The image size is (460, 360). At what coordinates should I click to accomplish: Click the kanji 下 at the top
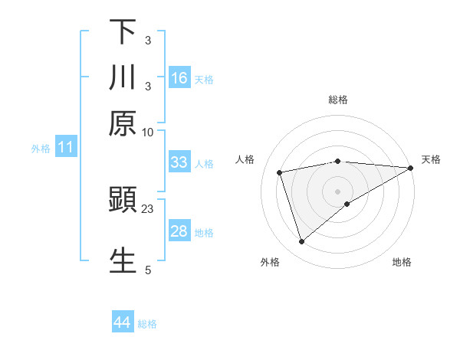[x=123, y=32]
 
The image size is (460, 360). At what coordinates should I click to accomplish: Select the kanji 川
[x=123, y=77]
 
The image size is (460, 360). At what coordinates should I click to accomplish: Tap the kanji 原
[x=123, y=123]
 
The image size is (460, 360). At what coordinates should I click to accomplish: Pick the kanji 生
[x=123, y=260]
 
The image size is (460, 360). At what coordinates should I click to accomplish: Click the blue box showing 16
[x=179, y=78]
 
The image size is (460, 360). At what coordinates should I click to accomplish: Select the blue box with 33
[x=179, y=162]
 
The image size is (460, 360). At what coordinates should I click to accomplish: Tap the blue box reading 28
[x=179, y=232]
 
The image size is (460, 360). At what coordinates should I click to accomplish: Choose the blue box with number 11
[x=66, y=147]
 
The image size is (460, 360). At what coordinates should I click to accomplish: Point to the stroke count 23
[x=148, y=208]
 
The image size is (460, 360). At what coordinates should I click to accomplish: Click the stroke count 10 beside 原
[x=148, y=132]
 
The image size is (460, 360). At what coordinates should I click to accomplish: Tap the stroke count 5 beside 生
[x=148, y=269]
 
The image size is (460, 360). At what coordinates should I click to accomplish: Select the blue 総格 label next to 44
[x=147, y=324]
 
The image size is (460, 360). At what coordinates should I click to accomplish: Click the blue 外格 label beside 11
[x=40, y=148]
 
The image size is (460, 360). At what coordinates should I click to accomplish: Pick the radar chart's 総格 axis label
[x=338, y=100]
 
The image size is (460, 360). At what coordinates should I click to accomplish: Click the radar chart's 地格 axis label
[x=402, y=262]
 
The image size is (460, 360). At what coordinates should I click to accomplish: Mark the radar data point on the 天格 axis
[x=411, y=168]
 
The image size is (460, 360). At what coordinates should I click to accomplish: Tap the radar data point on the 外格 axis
[x=301, y=242]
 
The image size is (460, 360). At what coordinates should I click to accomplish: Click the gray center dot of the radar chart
[x=338, y=191]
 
